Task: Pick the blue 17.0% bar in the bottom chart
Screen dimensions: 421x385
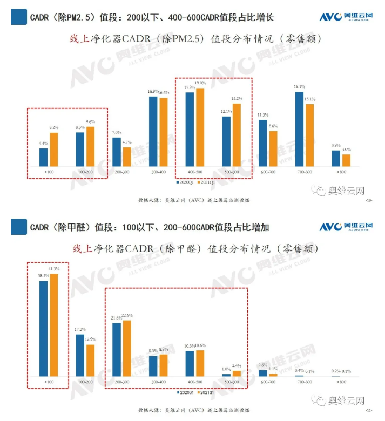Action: click(80, 355)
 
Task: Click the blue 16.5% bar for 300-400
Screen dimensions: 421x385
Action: click(153, 131)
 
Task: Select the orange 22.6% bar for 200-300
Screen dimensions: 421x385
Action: click(127, 349)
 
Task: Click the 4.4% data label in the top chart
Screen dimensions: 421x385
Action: click(43, 143)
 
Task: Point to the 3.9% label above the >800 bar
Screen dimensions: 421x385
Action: click(335, 145)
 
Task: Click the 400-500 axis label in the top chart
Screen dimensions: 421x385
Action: click(195, 172)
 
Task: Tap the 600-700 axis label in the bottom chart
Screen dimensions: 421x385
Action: click(267, 382)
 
